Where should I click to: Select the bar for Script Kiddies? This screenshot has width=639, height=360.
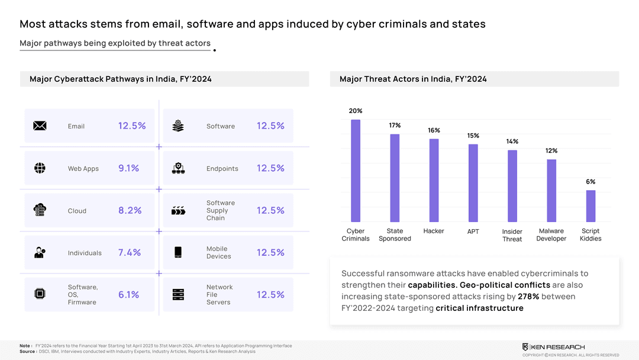click(x=590, y=205)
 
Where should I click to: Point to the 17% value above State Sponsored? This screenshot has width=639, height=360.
click(x=395, y=126)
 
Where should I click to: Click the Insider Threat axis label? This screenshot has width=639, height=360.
click(x=512, y=236)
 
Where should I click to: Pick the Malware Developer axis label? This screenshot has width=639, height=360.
click(x=551, y=235)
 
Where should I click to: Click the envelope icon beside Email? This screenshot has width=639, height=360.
click(x=40, y=126)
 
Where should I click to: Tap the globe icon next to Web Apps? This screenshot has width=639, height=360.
click(x=40, y=168)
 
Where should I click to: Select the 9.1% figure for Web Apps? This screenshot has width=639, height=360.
click(x=128, y=168)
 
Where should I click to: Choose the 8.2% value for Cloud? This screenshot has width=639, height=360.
click(x=130, y=210)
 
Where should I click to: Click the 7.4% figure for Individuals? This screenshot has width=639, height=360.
click(x=130, y=253)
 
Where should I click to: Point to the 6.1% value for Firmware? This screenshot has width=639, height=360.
click(x=128, y=295)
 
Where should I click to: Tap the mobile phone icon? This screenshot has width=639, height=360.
click(x=178, y=252)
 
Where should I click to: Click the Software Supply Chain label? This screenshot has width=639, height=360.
click(x=221, y=210)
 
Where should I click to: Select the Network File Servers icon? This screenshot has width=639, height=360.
click(x=178, y=294)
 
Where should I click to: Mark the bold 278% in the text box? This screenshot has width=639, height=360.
click(x=528, y=297)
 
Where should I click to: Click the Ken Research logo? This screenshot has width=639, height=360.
click(x=553, y=347)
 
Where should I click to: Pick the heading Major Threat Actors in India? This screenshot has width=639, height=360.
click(x=413, y=79)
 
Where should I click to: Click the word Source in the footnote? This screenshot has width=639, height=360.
click(x=27, y=351)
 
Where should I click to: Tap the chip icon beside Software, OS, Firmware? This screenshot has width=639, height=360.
click(x=40, y=294)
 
